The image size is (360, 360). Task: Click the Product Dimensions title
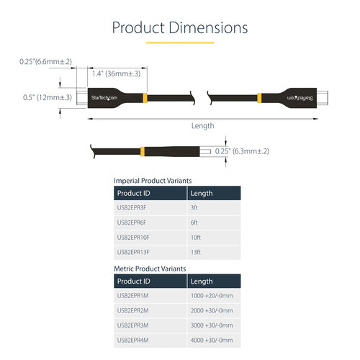point(180,28)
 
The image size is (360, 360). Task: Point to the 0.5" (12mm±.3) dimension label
point(46,97)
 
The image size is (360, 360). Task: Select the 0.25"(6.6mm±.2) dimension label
point(46,62)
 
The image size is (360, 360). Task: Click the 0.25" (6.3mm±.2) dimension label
point(242,150)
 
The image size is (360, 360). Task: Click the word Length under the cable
point(202,125)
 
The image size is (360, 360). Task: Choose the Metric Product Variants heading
point(150,268)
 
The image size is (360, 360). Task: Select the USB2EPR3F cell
point(132,208)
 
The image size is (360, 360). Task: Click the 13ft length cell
point(197,251)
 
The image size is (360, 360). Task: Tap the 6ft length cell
point(195,222)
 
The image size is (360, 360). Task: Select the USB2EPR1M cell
point(133,296)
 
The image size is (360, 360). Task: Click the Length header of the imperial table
point(202,193)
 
